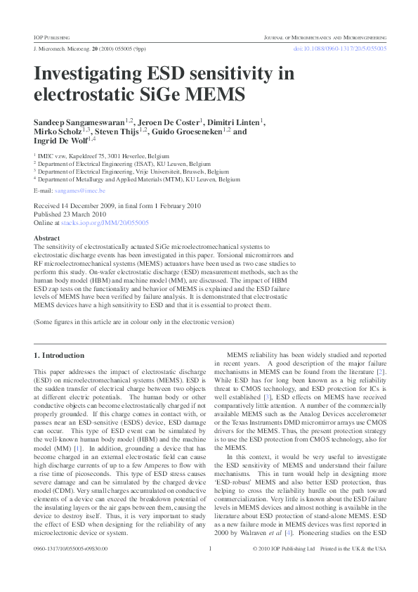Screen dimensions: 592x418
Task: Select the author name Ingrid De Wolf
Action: (60, 141)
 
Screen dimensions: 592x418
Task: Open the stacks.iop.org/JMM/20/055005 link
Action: (105, 222)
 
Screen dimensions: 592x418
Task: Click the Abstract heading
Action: (47, 238)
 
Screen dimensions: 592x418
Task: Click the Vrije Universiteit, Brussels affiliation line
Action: (133, 171)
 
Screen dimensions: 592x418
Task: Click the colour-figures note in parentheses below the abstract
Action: (133, 321)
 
